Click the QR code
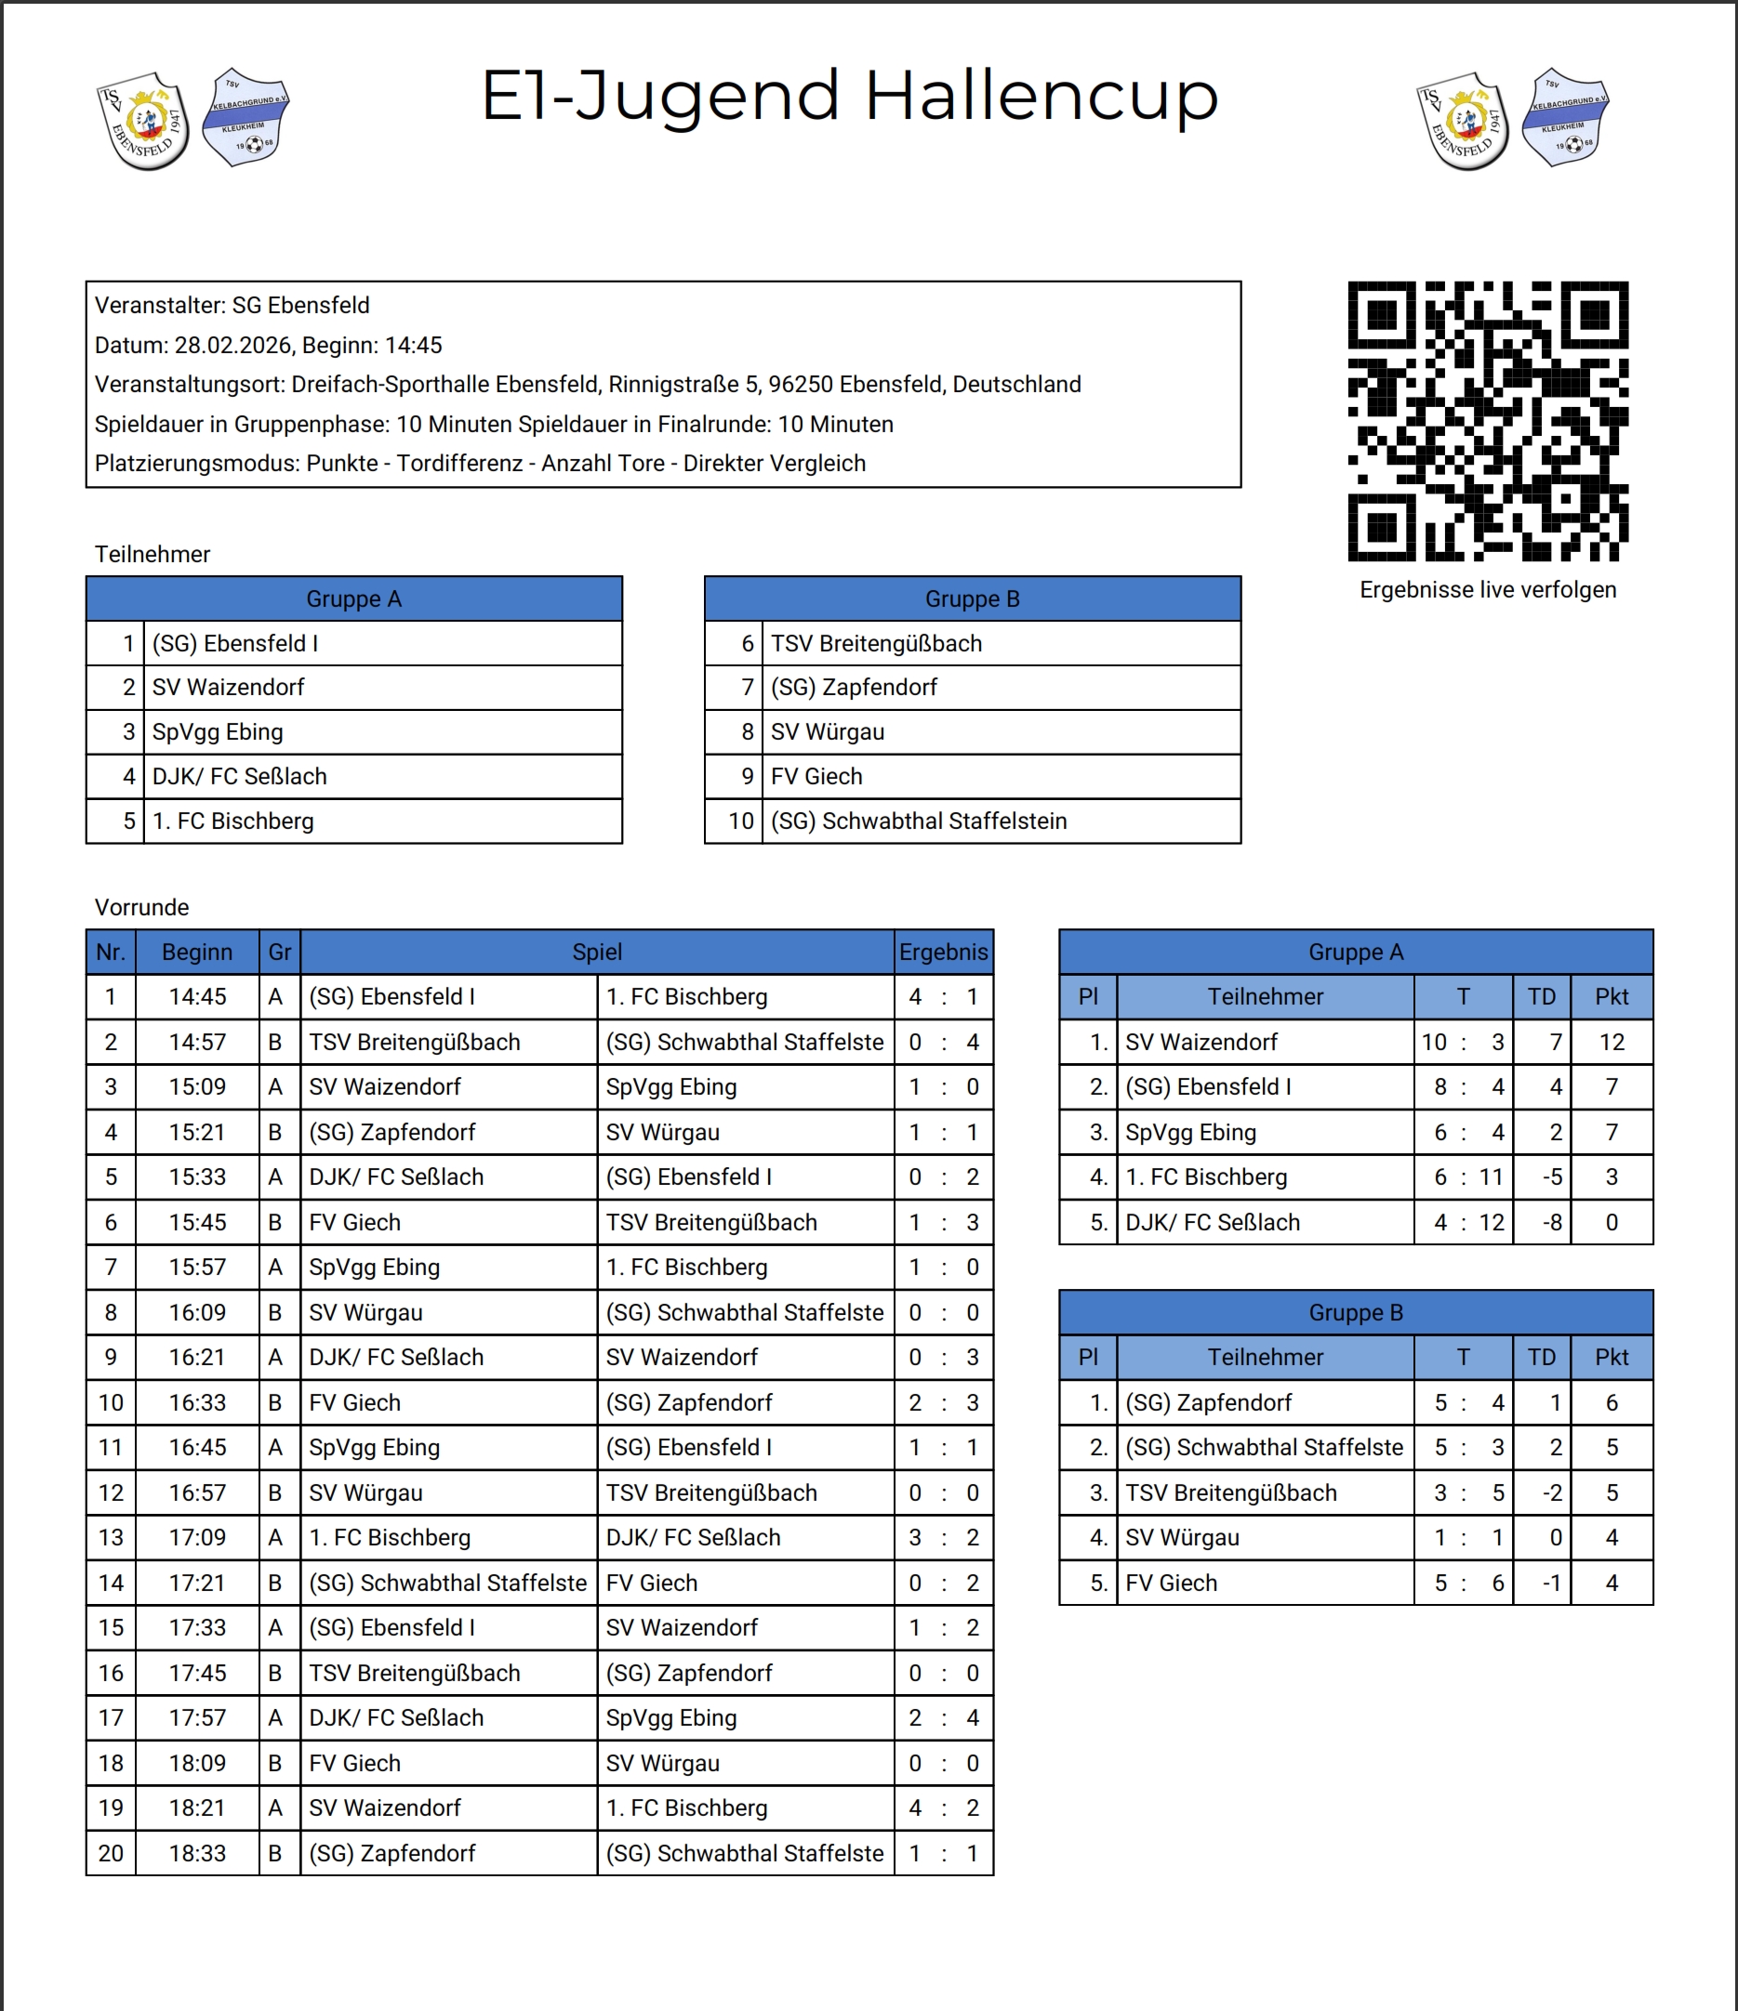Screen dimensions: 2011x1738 click(x=1488, y=421)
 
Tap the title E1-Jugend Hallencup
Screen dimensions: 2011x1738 click(x=850, y=96)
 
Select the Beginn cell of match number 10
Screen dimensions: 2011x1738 click(x=197, y=1402)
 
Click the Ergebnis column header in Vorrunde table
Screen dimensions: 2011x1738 click(x=943, y=953)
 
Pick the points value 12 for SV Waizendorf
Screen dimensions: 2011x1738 click(x=1611, y=1043)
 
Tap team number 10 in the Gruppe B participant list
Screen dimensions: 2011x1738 click(x=741, y=821)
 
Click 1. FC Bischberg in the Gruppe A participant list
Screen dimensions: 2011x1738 click(x=233, y=821)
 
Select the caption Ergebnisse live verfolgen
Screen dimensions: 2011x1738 click(x=1488, y=590)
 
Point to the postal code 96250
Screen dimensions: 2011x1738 click(x=800, y=385)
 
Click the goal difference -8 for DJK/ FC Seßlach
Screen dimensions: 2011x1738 click(x=1552, y=1223)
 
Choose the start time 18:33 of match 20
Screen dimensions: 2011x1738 click(x=197, y=1853)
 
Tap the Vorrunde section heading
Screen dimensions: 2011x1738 click(x=141, y=908)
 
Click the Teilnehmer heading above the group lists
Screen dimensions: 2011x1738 click(x=153, y=554)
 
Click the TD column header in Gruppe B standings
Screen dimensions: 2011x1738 click(x=1541, y=1357)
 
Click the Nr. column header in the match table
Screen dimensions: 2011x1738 click(x=111, y=953)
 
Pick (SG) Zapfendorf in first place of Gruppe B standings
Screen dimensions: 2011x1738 click(x=1208, y=1402)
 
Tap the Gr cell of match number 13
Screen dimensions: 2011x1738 click(x=276, y=1537)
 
